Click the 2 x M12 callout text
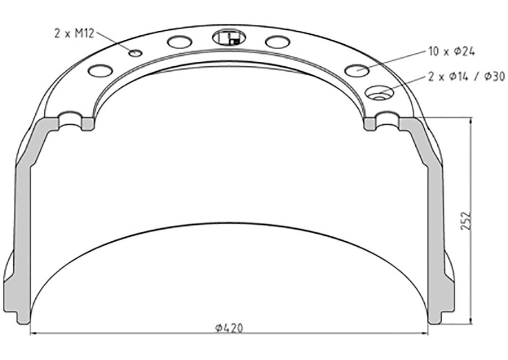(74, 33)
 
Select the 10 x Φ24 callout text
(451, 51)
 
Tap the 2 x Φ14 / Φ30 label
(467, 76)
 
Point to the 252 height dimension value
(465, 221)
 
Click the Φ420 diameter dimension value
(229, 328)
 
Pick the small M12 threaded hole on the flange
(135, 53)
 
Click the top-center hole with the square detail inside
(229, 37)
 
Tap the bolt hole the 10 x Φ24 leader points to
(357, 70)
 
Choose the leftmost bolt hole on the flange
(100, 71)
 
